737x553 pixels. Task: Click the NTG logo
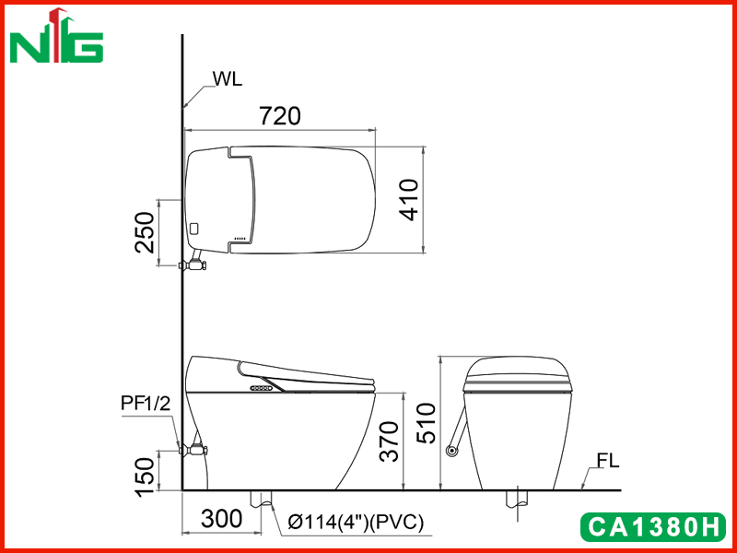point(56,36)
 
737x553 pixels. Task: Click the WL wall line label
point(228,79)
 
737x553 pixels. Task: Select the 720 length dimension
point(280,116)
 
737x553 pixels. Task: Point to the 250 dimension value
point(145,232)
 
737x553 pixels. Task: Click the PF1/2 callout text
point(146,403)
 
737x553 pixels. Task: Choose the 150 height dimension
point(145,477)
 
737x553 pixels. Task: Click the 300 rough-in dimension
point(221,519)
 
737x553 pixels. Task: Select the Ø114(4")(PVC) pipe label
point(356,523)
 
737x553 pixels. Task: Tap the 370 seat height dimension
point(389,441)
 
